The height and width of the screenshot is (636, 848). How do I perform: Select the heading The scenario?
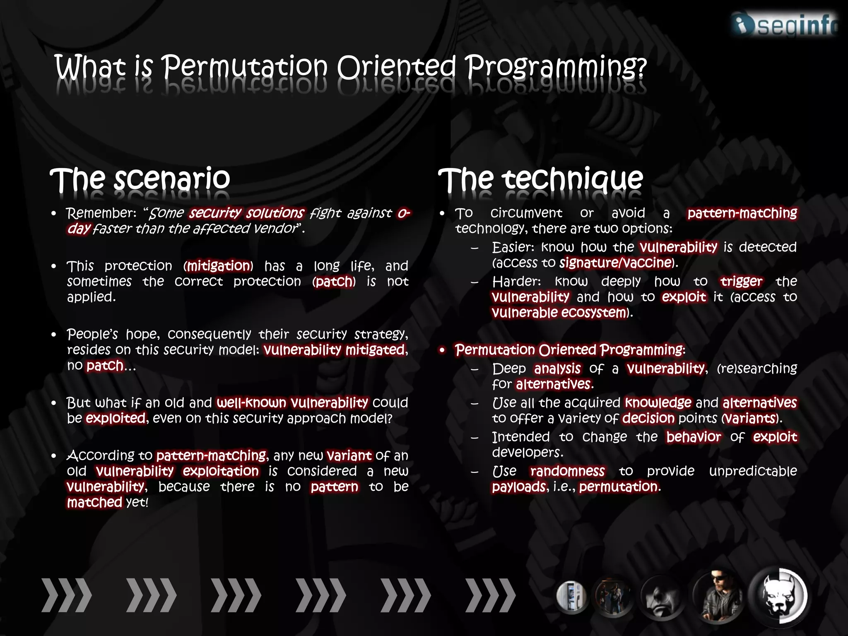pos(140,179)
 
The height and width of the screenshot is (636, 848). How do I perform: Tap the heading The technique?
pos(540,179)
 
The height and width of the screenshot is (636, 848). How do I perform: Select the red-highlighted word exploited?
pos(116,418)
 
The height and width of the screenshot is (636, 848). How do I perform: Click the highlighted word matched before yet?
pos(94,502)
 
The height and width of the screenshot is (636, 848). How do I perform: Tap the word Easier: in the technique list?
pos(513,247)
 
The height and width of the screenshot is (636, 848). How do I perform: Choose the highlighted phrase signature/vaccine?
pos(615,263)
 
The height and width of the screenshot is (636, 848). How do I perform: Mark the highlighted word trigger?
pos(741,282)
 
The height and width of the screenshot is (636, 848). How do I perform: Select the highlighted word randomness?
pos(567,471)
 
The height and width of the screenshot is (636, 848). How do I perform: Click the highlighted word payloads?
pos(519,487)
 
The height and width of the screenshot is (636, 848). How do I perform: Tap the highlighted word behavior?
pos(694,437)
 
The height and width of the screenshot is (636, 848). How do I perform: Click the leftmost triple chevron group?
pos(66,595)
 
